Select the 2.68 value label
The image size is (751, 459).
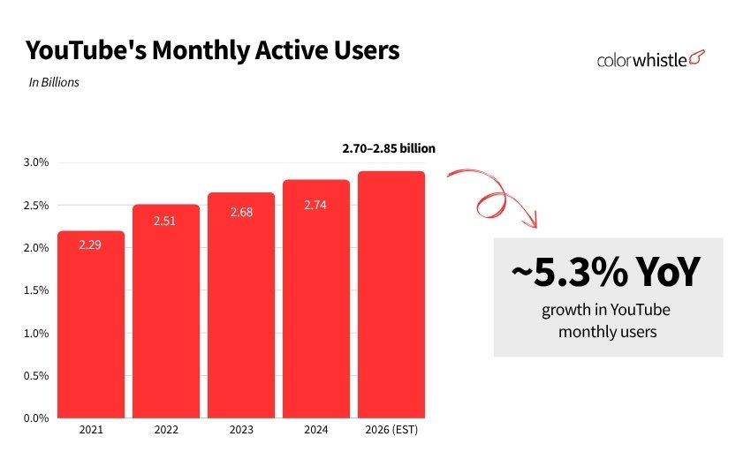[241, 212]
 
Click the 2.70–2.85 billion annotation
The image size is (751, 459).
[389, 149]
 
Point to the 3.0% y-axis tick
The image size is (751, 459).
[34, 163]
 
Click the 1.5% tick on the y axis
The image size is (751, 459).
[34, 290]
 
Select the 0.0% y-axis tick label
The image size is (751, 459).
[34, 418]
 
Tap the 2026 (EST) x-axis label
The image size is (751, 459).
[391, 431]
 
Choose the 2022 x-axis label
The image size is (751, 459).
[166, 431]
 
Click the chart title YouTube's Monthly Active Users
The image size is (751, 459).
[212, 51]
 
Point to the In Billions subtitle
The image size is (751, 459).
[54, 83]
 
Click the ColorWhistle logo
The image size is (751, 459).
[651, 59]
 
